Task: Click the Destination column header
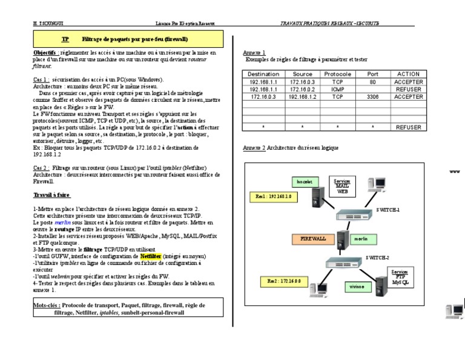[263, 74]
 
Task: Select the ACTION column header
[408, 74]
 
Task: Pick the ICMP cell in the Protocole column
[337, 88]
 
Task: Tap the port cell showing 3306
[372, 96]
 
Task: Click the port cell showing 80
[372, 81]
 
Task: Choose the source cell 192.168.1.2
[302, 96]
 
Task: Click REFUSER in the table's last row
[408, 127]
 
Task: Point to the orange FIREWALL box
[313, 239]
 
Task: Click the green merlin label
[361, 239]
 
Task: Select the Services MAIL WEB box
[343, 185]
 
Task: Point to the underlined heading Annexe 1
[254, 53]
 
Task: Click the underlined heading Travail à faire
[52, 195]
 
